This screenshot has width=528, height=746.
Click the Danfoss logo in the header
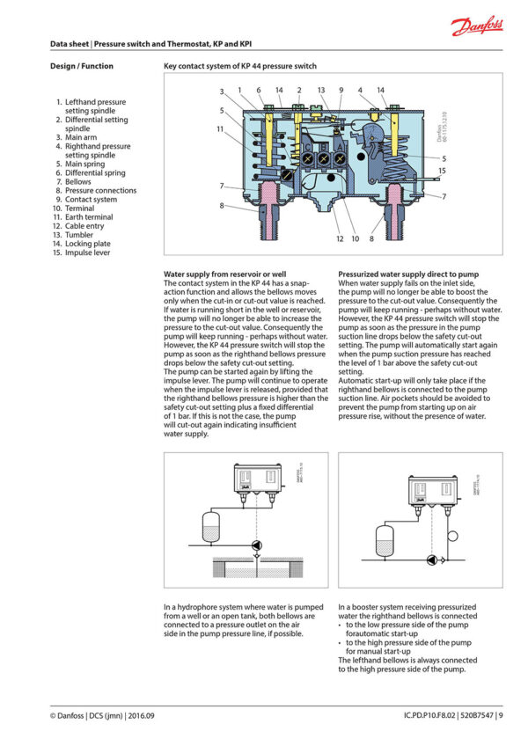pos(477,26)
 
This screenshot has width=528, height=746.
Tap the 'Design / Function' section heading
pos(82,66)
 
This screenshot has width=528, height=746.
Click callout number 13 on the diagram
pos(321,90)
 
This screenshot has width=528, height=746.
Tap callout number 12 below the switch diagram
pos(340,238)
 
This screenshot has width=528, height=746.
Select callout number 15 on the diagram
pos(442,171)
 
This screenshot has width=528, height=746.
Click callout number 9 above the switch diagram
pos(341,90)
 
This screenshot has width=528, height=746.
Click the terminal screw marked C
pos(307,157)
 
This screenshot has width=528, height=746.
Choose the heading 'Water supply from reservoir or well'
pos(224,274)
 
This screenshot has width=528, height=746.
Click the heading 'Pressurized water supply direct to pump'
pos(407,274)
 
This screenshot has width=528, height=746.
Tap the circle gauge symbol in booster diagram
pos(452,535)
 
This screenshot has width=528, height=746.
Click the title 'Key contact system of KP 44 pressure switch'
pos(240,66)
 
